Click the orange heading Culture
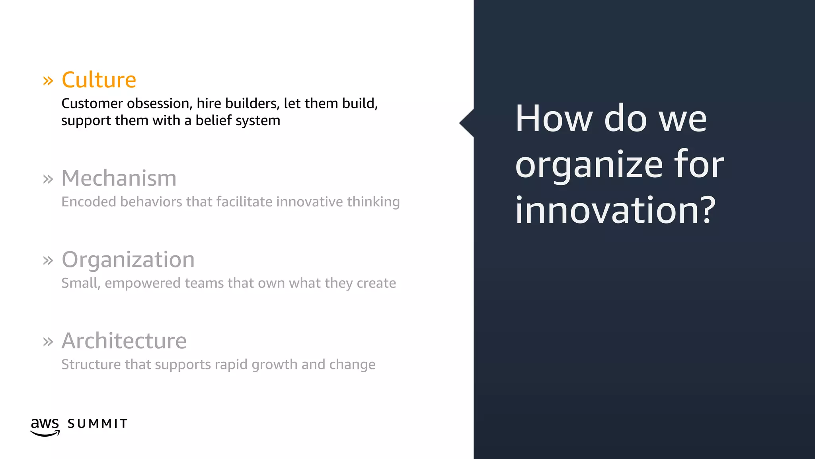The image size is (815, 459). click(99, 80)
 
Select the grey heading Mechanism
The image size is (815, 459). click(119, 178)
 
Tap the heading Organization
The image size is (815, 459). click(128, 259)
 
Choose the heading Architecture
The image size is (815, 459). click(124, 341)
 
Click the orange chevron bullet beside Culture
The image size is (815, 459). click(48, 81)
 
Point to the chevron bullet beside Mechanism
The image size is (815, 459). click(48, 179)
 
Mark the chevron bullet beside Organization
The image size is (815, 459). click(48, 261)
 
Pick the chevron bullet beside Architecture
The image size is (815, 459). click(48, 342)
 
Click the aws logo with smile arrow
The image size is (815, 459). click(45, 426)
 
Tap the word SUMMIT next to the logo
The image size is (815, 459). click(97, 424)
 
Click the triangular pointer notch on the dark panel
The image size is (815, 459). click(467, 123)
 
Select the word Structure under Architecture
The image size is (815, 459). click(91, 365)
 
